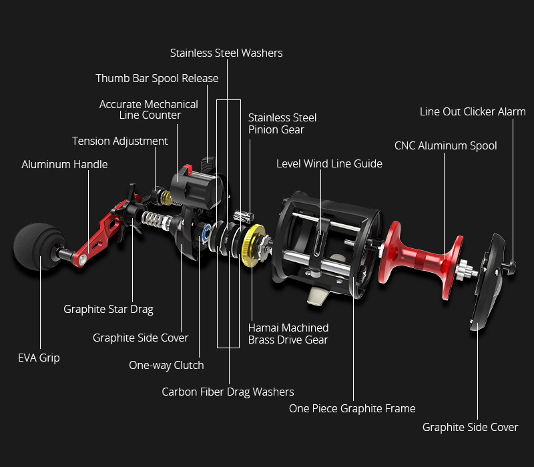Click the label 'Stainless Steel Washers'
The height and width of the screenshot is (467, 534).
pyautogui.click(x=226, y=53)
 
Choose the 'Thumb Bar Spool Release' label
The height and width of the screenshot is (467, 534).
pyautogui.click(x=157, y=78)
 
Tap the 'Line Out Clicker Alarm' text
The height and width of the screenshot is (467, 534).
pyautogui.click(x=473, y=111)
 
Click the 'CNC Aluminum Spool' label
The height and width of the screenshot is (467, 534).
pyautogui.click(x=445, y=145)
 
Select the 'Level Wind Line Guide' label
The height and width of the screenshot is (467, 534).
pyautogui.click(x=329, y=163)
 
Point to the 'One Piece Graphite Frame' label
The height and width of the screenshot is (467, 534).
pyautogui.click(x=352, y=408)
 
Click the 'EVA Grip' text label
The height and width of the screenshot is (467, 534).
pyautogui.click(x=39, y=358)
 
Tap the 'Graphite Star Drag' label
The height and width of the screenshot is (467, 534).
pyautogui.click(x=108, y=309)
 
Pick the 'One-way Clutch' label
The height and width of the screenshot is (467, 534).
pyautogui.click(x=166, y=365)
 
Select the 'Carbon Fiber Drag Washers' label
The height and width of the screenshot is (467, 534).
pyautogui.click(x=228, y=392)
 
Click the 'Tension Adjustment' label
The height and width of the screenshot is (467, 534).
pyautogui.click(x=120, y=141)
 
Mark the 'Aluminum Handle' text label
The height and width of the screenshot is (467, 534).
pyautogui.click(x=64, y=164)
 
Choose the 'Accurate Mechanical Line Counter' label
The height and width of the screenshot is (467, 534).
pyautogui.click(x=149, y=109)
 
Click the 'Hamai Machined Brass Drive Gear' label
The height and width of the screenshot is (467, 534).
pyautogui.click(x=288, y=334)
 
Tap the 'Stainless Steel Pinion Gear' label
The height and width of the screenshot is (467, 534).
pyautogui.click(x=282, y=123)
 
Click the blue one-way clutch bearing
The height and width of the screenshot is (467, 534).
pyautogui.click(x=206, y=233)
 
